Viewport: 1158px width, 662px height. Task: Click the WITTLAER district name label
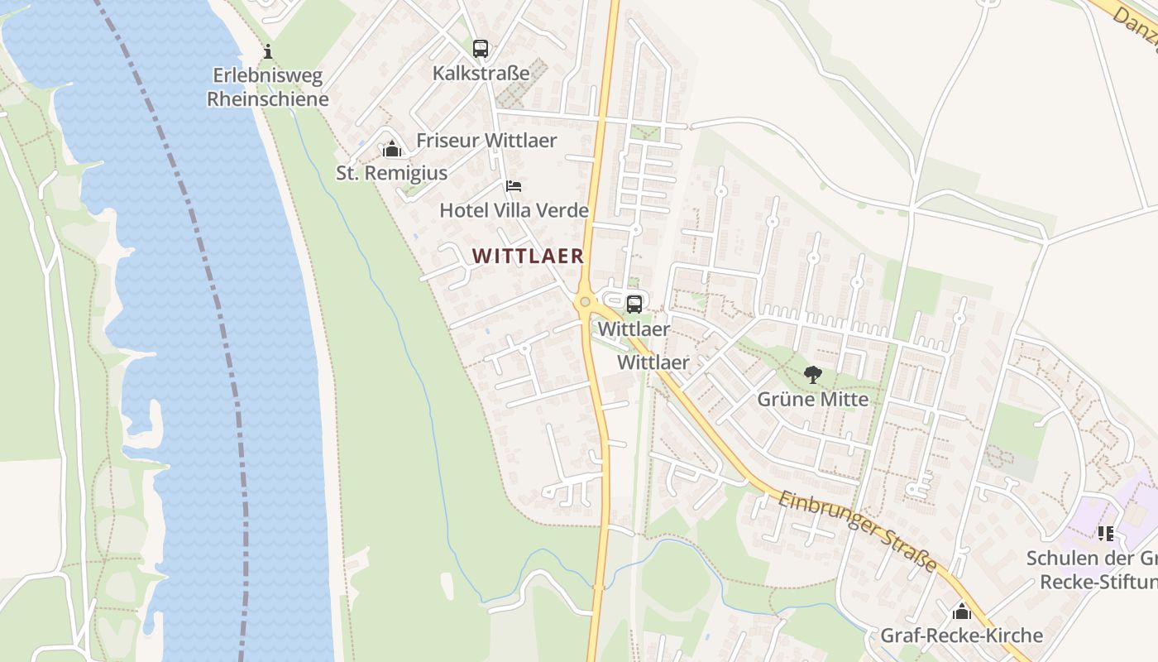coord(529,256)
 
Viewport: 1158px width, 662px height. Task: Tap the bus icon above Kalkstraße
coord(481,48)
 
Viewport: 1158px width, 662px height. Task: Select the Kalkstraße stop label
coord(481,73)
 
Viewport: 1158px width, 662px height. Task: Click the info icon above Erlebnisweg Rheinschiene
coord(267,51)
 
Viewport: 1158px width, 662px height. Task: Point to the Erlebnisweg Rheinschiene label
coord(267,87)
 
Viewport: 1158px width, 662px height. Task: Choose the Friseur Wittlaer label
coord(486,140)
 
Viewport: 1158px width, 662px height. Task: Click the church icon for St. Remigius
coord(392,149)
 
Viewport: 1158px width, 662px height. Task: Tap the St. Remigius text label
coord(391,173)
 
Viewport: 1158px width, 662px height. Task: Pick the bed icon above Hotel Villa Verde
coord(514,185)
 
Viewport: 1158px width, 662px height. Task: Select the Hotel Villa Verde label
coord(514,210)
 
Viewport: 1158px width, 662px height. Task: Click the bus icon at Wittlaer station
coord(634,304)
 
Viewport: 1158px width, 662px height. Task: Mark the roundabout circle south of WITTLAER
coord(586,302)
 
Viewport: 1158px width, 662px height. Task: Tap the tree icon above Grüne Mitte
coord(813,375)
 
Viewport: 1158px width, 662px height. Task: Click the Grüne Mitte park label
coord(813,400)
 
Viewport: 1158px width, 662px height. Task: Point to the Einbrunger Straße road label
coord(859,530)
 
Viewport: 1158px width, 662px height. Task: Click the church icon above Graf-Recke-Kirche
coord(961,612)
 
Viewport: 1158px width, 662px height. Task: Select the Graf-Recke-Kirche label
coord(961,636)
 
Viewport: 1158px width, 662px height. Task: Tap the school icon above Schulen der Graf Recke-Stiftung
coord(1106,534)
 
